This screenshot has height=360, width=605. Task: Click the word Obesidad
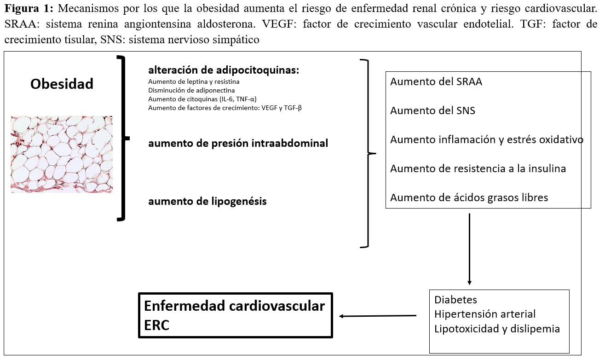(x=62, y=84)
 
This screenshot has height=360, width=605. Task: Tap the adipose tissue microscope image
(x=62, y=154)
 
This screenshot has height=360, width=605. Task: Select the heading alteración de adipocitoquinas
(x=224, y=70)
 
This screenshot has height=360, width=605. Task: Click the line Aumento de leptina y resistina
(x=194, y=81)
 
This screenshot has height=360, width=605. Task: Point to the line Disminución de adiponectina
(x=191, y=90)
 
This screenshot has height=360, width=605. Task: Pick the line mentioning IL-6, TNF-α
(x=202, y=99)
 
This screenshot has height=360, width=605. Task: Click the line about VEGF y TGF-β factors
(x=225, y=108)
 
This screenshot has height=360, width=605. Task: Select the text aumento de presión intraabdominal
(x=238, y=143)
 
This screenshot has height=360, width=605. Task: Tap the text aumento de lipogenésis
(x=207, y=201)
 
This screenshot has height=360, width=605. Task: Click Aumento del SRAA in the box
(x=436, y=82)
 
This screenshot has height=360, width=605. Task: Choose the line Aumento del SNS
(x=432, y=110)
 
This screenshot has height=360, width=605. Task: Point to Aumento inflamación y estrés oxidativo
(x=486, y=139)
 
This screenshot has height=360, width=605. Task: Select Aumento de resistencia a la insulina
(x=478, y=168)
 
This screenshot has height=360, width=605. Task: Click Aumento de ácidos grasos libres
(x=469, y=197)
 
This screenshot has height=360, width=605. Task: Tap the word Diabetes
(x=455, y=300)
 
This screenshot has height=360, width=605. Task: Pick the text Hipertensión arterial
(x=485, y=314)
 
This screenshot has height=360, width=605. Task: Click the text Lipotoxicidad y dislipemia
(x=497, y=329)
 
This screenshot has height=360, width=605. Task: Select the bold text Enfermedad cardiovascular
(x=234, y=306)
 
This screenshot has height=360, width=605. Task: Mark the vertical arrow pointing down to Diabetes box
(x=469, y=249)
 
